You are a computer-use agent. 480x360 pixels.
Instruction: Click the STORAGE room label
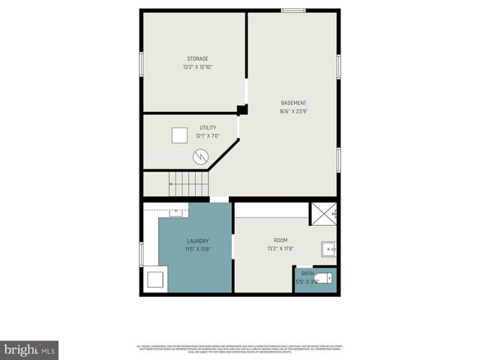(x=197, y=58)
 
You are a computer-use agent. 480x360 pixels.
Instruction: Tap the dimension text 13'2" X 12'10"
(x=197, y=67)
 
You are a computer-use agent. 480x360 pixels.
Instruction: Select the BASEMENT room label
(x=293, y=103)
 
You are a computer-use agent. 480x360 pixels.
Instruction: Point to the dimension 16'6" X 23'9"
(x=293, y=112)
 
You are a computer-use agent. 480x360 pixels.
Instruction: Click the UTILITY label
(x=208, y=127)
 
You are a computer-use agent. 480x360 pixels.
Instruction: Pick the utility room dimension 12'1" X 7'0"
(x=208, y=136)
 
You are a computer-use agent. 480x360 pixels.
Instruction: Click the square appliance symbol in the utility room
(x=179, y=135)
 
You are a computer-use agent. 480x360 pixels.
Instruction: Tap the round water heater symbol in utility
(x=200, y=156)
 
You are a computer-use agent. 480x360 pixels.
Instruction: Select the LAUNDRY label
(x=198, y=241)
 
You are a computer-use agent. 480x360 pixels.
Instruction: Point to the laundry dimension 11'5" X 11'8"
(x=198, y=249)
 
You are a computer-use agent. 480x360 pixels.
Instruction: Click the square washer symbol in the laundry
(x=155, y=280)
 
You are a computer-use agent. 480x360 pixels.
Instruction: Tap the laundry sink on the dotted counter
(x=178, y=211)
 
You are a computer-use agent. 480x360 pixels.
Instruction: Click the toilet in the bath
(x=322, y=279)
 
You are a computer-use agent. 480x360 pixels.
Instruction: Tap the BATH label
(x=307, y=273)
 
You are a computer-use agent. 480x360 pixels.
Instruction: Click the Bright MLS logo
(x=30, y=349)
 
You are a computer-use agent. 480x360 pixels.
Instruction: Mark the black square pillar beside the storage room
(x=241, y=109)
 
